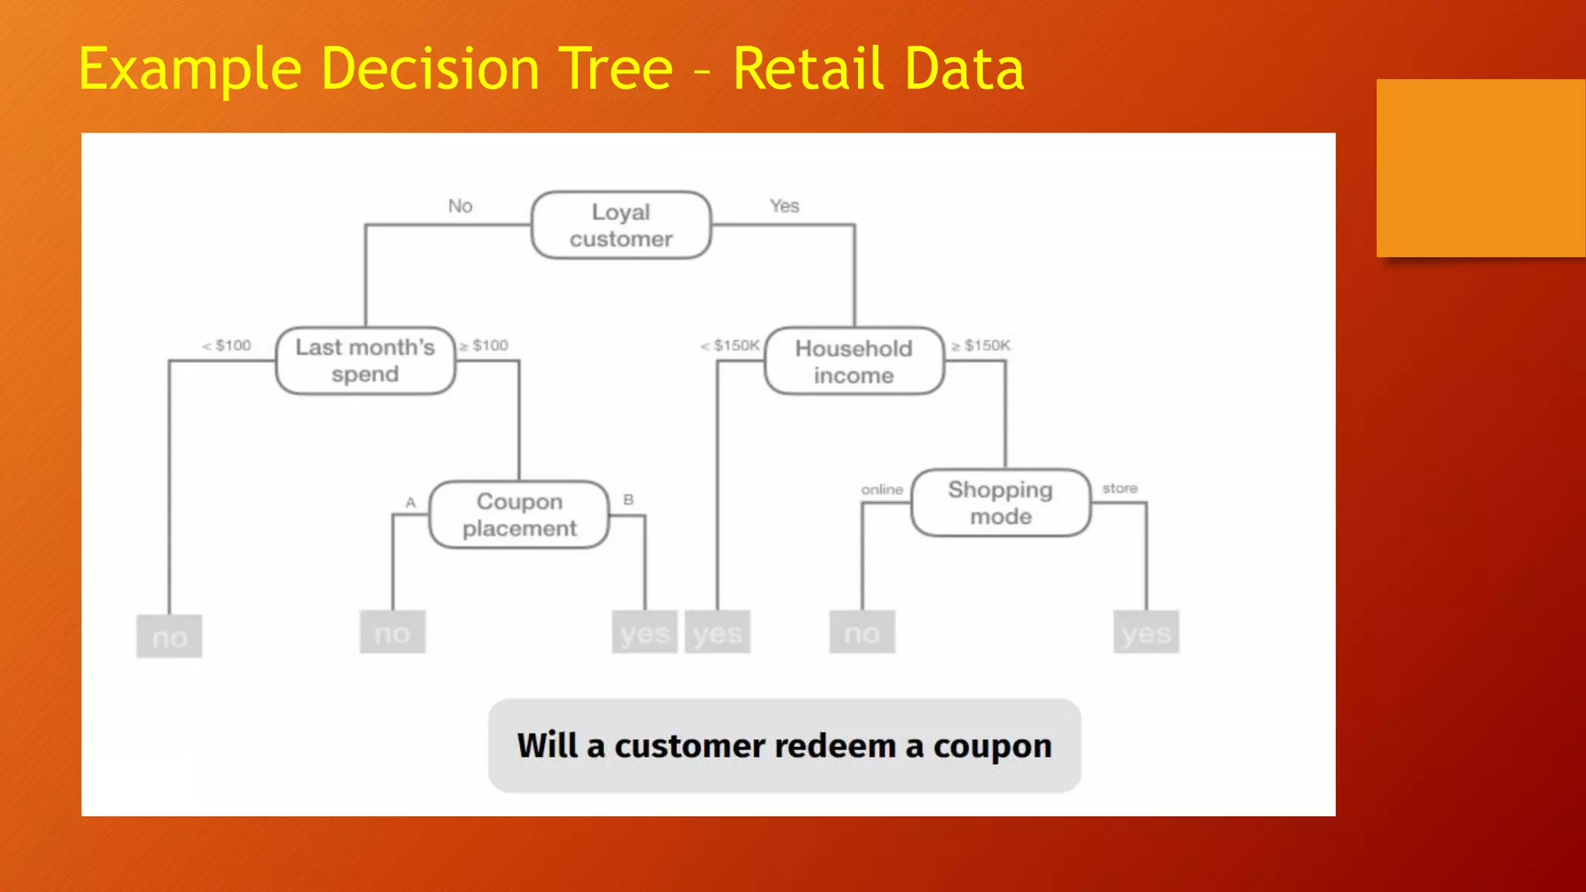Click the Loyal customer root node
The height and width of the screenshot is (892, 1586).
tap(621, 225)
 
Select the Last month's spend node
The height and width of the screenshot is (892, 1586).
tap(366, 361)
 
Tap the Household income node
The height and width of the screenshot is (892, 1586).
tap(854, 362)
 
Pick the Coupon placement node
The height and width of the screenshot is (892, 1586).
tap(520, 515)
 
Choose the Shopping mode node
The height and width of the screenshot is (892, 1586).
tap(1001, 503)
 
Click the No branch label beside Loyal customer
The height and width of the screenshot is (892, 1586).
tap(460, 206)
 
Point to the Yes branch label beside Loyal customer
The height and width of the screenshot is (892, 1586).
tap(784, 206)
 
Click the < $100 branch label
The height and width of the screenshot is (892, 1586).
tap(227, 345)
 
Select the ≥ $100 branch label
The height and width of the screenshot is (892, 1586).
tap(484, 345)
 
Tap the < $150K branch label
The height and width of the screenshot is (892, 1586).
tap(730, 345)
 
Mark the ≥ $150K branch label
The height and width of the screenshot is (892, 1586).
tap(981, 345)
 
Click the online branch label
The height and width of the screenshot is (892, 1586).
tap(882, 489)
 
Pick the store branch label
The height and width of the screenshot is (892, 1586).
tap(1120, 489)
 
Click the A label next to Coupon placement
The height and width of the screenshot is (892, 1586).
tap(410, 503)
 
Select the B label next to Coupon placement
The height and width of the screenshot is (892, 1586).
tap(628, 500)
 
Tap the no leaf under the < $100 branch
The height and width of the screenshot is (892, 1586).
tap(170, 637)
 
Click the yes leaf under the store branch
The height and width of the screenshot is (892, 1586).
tap(1146, 633)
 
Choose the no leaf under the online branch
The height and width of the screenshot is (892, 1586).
tap(862, 633)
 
